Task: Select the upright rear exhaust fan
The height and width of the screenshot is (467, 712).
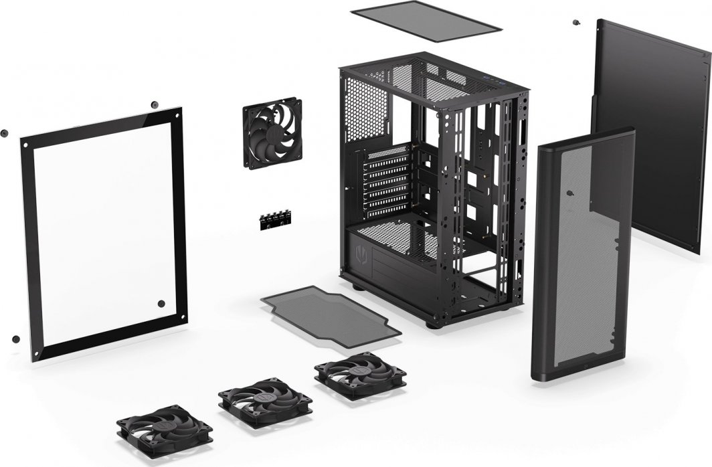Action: (272, 133)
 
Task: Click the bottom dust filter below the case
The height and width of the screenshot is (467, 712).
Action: (331, 314)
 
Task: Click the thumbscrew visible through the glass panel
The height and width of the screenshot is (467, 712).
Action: (161, 303)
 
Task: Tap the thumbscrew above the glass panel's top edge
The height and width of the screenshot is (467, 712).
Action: (155, 104)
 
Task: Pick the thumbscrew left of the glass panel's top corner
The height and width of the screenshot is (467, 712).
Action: (4, 132)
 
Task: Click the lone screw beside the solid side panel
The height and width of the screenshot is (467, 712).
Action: (575, 23)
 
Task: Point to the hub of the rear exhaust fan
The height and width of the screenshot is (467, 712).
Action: (272, 133)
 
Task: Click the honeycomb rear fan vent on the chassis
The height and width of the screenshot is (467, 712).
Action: (365, 107)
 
